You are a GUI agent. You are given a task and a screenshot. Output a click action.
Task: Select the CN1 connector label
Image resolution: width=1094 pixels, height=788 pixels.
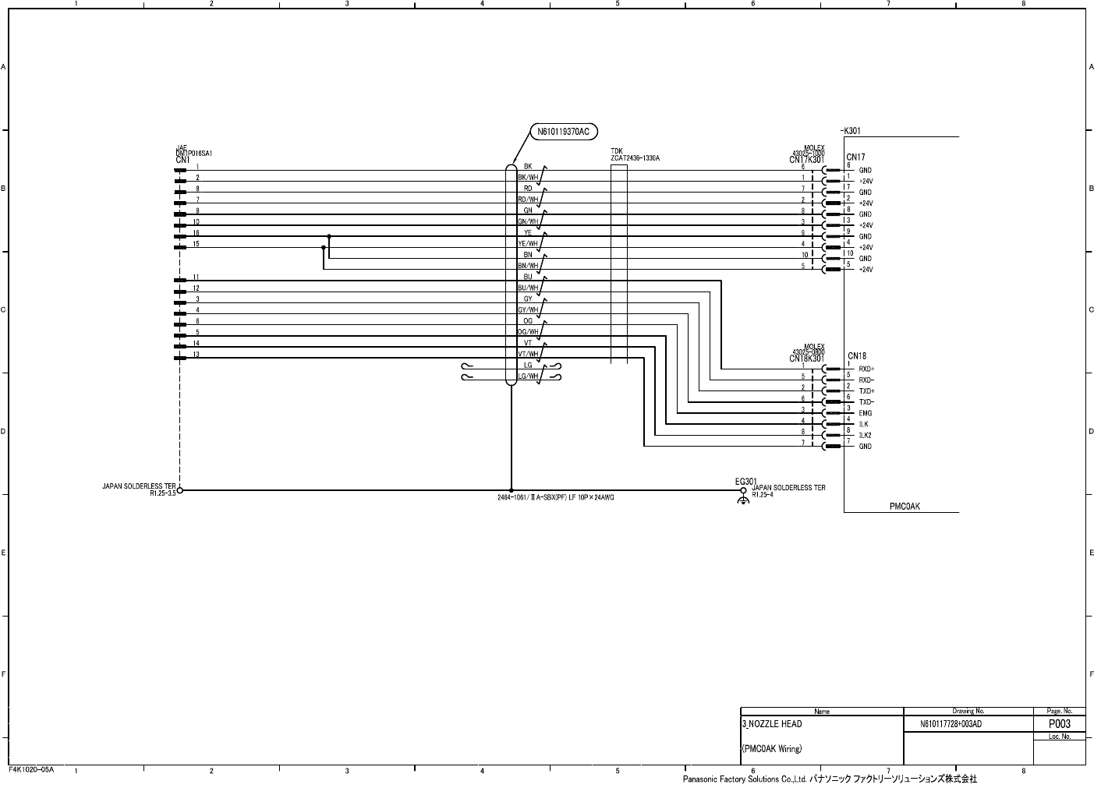point(183,160)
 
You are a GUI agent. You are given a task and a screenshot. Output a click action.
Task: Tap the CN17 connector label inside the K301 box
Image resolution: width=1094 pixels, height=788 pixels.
point(855,157)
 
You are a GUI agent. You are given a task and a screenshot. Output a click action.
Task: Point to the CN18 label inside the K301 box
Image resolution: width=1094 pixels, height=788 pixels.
point(856,356)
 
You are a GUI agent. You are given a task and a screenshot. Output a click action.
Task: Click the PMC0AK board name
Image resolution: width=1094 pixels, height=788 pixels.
point(905,506)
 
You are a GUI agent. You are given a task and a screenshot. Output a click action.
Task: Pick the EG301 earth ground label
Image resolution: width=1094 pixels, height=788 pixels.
point(745,481)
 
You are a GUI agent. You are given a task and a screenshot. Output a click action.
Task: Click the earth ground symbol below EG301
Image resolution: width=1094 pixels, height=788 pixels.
point(743,499)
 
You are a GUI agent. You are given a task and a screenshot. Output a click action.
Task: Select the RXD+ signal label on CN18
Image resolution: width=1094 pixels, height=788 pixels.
point(866,369)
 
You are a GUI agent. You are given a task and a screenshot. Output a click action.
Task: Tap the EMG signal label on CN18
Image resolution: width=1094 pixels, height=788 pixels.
point(866,413)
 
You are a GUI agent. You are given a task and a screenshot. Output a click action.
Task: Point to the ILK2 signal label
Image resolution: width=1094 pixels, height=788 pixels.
point(866,435)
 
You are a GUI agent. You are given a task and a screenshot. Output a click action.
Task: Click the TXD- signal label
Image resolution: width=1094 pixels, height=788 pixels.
point(866,401)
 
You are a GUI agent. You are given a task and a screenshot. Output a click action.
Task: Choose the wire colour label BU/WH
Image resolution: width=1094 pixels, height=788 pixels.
point(528,288)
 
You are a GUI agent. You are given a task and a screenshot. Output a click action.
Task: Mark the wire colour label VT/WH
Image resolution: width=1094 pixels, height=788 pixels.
point(528,354)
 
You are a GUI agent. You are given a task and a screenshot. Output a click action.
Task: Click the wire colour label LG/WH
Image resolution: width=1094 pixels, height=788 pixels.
point(528,376)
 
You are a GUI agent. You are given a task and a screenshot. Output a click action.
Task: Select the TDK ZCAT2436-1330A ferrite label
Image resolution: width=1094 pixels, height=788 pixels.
point(635,154)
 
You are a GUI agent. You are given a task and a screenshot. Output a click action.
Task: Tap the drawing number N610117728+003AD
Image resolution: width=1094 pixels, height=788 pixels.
point(951,724)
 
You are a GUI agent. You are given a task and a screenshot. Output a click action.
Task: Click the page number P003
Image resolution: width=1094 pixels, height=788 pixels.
point(1059,724)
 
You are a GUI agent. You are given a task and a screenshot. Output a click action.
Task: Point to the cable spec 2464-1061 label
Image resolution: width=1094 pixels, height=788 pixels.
point(555,497)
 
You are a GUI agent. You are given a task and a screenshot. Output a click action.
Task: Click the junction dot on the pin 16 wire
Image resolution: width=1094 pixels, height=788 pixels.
point(329,235)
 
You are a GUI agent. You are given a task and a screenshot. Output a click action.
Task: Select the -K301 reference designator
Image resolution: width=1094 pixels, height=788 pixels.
point(851,131)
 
